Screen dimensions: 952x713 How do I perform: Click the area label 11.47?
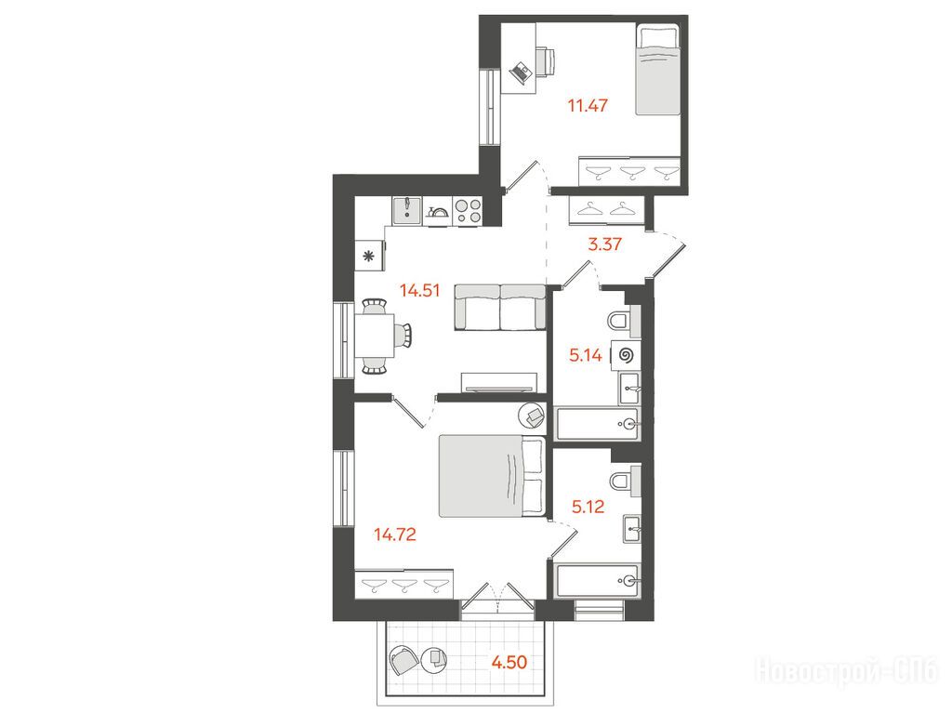(x=588, y=105)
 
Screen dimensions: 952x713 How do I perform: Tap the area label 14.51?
(x=419, y=290)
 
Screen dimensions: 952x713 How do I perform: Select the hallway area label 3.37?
(x=604, y=244)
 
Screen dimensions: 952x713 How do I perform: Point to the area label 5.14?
(x=586, y=355)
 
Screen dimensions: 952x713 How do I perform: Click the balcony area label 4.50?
(x=509, y=662)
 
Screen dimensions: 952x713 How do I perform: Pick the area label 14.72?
(x=394, y=535)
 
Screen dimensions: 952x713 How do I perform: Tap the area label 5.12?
(x=588, y=507)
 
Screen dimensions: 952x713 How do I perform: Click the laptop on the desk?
(x=521, y=73)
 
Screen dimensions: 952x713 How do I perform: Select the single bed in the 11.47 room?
(x=657, y=69)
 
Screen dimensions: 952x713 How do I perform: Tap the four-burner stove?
(x=468, y=211)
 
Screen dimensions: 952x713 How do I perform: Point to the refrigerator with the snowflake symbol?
(x=369, y=256)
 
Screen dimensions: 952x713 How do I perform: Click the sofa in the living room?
(x=500, y=307)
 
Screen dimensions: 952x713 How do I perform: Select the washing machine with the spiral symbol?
(x=626, y=355)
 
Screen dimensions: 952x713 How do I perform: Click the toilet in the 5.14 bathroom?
(x=622, y=321)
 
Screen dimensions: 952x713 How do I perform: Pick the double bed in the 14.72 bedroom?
(x=491, y=476)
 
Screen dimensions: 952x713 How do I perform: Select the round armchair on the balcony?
(x=403, y=661)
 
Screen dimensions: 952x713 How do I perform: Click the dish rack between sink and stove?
(x=437, y=212)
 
